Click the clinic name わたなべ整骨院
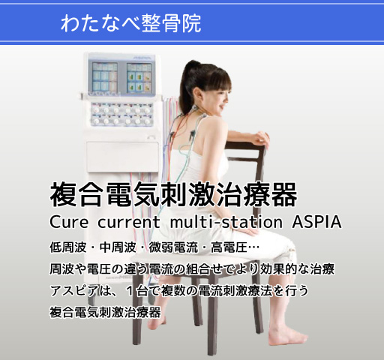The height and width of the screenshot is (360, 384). pos(131,23)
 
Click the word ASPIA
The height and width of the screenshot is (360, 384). pos(314,223)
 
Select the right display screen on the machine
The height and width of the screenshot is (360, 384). pos(142,77)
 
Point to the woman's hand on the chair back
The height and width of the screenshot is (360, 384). pos(259,139)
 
